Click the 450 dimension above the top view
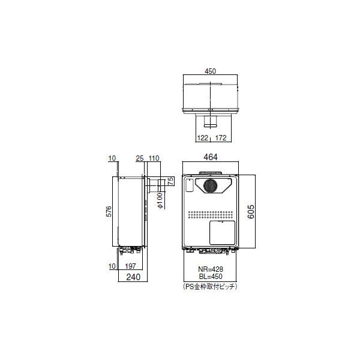click(x=211, y=71)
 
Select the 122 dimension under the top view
click(x=203, y=138)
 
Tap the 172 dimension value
click(x=221, y=138)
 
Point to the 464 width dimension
click(x=211, y=157)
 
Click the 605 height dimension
click(x=251, y=212)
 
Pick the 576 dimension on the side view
click(x=109, y=211)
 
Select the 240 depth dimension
click(x=133, y=277)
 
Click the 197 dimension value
click(x=131, y=266)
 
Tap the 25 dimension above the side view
click(x=140, y=158)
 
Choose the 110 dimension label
click(x=154, y=158)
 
